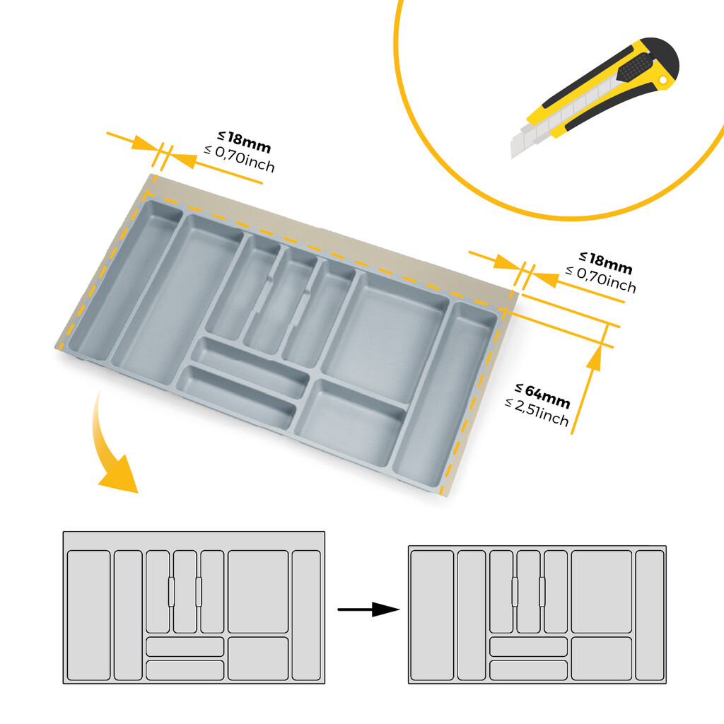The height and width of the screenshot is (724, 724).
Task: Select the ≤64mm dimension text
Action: pos(542,395)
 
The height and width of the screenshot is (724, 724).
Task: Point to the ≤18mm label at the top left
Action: pos(244,142)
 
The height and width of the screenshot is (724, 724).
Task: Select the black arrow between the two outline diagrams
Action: pos(368,609)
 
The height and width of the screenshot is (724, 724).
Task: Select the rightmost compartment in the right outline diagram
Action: pos(649,614)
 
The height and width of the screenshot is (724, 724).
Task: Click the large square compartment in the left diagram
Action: pos(258,592)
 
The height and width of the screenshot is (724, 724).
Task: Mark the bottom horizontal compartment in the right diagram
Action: pos(528,670)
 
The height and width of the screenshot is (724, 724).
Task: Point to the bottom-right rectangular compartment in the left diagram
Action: pos(258,658)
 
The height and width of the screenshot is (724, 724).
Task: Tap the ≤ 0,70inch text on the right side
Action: pos(601,279)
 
